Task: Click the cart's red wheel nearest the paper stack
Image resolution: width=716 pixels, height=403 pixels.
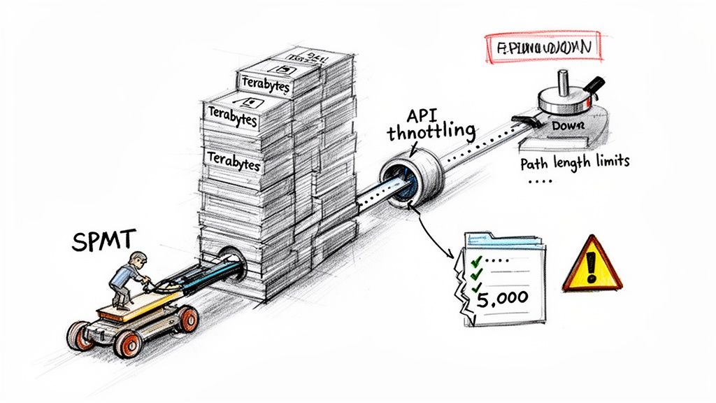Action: pyautogui.click(x=187, y=319)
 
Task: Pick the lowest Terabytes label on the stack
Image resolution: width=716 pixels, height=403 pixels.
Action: pyautogui.click(x=234, y=162)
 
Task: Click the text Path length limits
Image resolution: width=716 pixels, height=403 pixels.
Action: pyautogui.click(x=575, y=162)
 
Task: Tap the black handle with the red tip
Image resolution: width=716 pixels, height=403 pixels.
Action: pyautogui.click(x=594, y=85)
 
